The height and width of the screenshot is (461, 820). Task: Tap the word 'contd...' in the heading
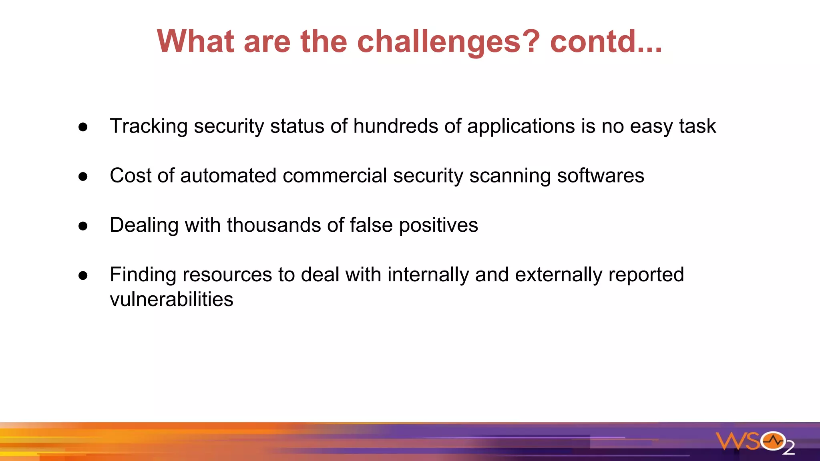pyautogui.click(x=606, y=42)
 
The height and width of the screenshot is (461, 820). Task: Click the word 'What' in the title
pyautogui.click(x=195, y=42)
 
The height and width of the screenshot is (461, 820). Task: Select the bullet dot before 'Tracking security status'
pyautogui.click(x=83, y=127)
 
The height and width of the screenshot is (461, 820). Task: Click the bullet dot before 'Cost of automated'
pyautogui.click(x=83, y=176)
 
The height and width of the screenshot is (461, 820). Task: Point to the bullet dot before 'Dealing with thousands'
pyautogui.click(x=83, y=226)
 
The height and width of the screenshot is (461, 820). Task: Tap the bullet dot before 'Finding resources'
pyautogui.click(x=83, y=276)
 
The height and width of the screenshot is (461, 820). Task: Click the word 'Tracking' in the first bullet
pyautogui.click(x=149, y=126)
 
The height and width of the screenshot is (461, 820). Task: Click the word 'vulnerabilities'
pyautogui.click(x=171, y=299)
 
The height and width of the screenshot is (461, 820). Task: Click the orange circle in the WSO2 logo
pyautogui.click(x=773, y=441)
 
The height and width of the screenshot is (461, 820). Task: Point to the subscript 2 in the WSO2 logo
pyautogui.click(x=788, y=449)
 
